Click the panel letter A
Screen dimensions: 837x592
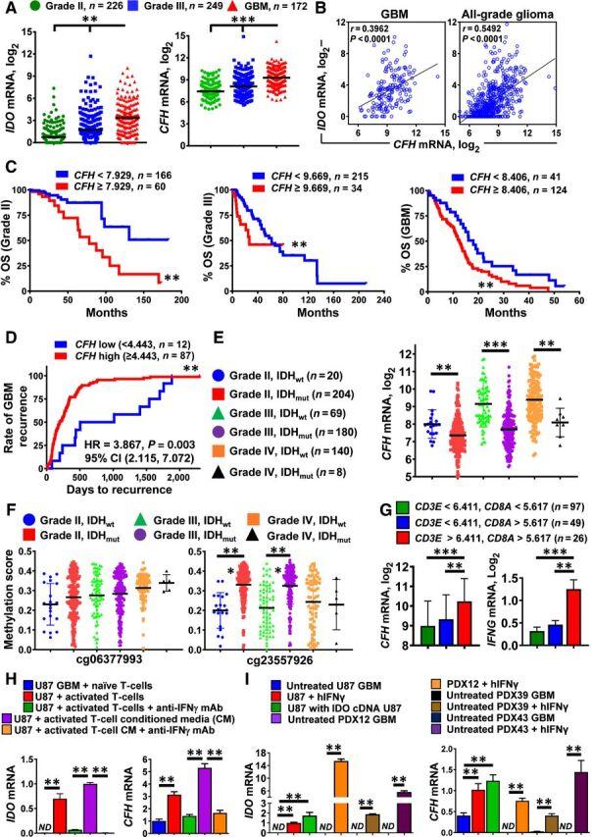9,8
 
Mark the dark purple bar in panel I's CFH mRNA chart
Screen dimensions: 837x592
577,785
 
